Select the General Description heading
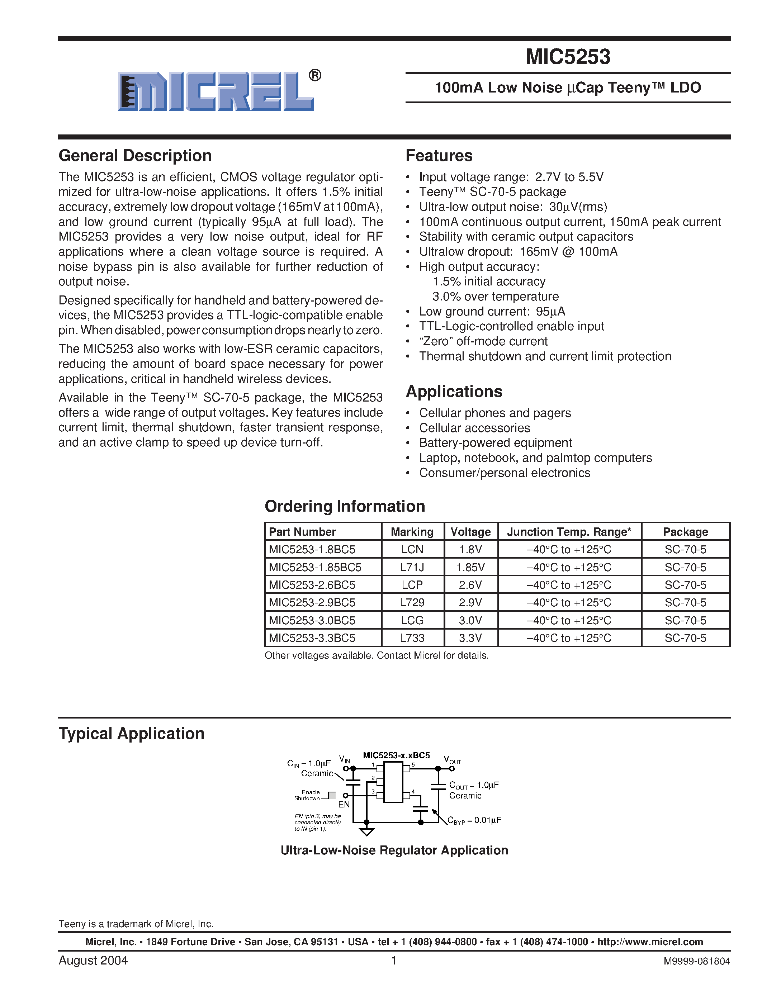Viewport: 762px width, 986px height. click(x=135, y=156)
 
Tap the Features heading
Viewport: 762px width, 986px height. click(x=439, y=156)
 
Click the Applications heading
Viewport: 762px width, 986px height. click(x=454, y=392)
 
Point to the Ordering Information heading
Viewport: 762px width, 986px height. click(x=345, y=506)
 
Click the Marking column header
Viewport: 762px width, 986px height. click(x=412, y=532)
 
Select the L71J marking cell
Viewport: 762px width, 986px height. click(x=412, y=567)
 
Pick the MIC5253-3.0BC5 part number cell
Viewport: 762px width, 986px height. click(x=312, y=620)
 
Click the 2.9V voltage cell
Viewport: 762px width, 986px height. click(x=470, y=602)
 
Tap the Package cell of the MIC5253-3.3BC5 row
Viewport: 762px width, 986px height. click(x=685, y=638)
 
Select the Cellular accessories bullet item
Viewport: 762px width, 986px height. click(x=474, y=428)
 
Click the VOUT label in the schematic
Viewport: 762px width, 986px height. click(x=452, y=760)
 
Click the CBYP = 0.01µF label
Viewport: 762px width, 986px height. click(x=474, y=821)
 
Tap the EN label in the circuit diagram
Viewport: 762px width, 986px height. click(x=344, y=805)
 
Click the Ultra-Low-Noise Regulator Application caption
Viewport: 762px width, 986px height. click(x=394, y=850)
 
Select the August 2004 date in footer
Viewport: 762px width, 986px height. click(x=93, y=960)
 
